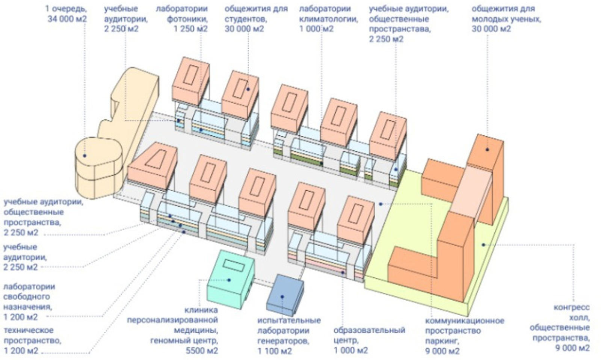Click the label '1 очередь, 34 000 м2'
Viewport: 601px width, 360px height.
[66, 14]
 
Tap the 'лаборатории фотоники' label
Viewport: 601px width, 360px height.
[181, 18]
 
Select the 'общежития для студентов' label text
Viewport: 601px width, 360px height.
[256, 18]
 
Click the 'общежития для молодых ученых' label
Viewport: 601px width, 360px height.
[506, 18]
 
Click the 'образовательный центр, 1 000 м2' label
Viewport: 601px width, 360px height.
[369, 340]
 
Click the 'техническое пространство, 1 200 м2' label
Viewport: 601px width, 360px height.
[32, 340]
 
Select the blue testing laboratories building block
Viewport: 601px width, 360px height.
[284, 295]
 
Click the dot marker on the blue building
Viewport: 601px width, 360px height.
[282, 296]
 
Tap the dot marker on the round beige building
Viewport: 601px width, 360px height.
[85, 155]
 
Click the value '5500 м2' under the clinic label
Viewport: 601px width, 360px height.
[202, 351]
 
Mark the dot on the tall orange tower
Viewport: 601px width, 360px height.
[487, 150]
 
